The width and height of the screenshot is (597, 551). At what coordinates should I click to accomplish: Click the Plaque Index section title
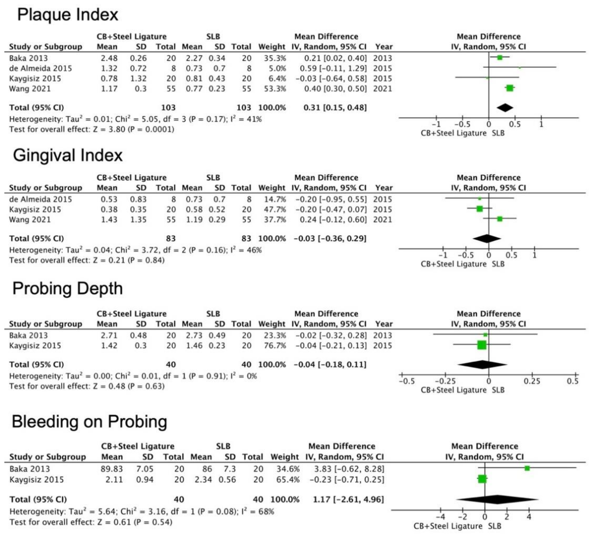68,15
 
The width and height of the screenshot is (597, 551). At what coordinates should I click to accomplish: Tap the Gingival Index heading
68,155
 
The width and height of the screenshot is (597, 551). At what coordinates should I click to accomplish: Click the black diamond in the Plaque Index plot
505,108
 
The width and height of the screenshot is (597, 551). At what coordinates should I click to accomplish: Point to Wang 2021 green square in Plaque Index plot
510,88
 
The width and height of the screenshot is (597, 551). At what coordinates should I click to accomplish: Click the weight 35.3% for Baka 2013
275,58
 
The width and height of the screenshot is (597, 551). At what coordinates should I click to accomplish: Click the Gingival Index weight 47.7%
275,209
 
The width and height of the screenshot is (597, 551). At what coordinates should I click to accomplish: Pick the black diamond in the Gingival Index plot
487,239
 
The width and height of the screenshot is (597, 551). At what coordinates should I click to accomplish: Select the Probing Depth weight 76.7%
275,346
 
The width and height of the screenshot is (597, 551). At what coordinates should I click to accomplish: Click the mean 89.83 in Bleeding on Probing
112,469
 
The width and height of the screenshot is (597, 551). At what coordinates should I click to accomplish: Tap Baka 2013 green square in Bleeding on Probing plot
527,468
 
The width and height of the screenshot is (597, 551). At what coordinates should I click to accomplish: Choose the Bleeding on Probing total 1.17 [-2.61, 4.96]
348,500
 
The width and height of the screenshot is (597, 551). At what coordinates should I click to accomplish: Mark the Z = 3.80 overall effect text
109,129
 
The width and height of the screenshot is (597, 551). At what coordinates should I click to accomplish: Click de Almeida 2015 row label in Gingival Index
41,199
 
